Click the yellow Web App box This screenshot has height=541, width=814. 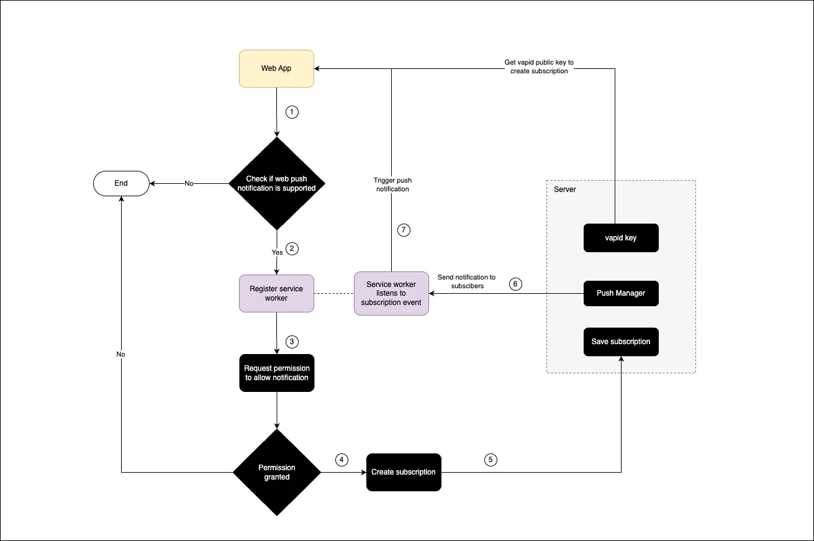pyautogui.click(x=277, y=68)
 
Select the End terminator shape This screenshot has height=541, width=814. pyautogui.click(x=121, y=183)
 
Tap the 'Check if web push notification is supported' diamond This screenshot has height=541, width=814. pyautogui.click(x=277, y=183)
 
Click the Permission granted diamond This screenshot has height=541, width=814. pyautogui.click(x=277, y=473)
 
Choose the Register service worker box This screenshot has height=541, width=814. pyautogui.click(x=277, y=293)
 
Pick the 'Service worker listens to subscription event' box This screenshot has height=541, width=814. pyautogui.click(x=391, y=293)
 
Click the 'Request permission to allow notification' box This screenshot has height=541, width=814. pyautogui.click(x=277, y=373)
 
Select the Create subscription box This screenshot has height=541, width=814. pyautogui.click(x=404, y=472)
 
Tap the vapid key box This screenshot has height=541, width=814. pyautogui.click(x=621, y=238)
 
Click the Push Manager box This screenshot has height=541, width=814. pyautogui.click(x=621, y=293)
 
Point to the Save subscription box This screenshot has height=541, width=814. pyautogui.click(x=621, y=342)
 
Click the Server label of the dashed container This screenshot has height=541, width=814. pyautogui.click(x=565, y=189)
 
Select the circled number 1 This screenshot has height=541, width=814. pyautogui.click(x=292, y=112)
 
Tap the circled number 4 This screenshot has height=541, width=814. pyautogui.click(x=341, y=460)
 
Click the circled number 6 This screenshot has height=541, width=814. pyautogui.click(x=515, y=284)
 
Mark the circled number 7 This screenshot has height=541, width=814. pyautogui.click(x=404, y=230)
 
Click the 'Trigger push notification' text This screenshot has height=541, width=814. pyautogui.click(x=391, y=184)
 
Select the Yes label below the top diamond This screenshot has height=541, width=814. pyautogui.click(x=277, y=253)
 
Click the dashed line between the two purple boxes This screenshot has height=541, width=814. pyautogui.click(x=334, y=293)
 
